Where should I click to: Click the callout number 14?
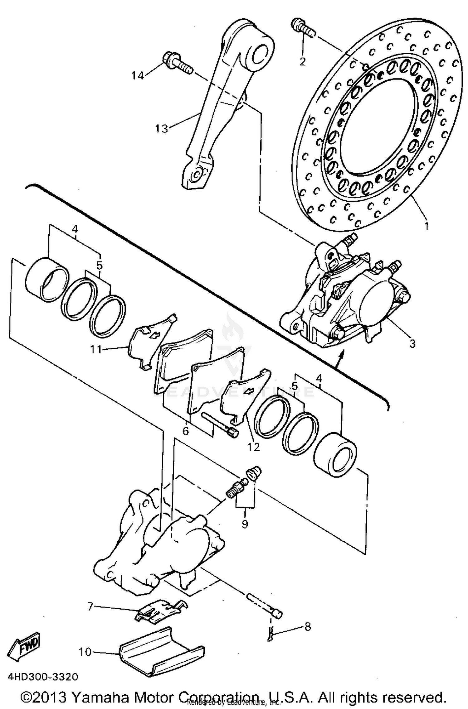point(137,75)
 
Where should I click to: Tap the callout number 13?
point(162,128)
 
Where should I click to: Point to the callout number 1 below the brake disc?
point(427,226)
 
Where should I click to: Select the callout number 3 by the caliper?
point(412,344)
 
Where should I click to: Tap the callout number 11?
point(96,349)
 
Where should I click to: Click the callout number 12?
point(253,447)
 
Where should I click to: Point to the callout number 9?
point(245,524)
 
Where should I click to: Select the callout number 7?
point(90,606)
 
